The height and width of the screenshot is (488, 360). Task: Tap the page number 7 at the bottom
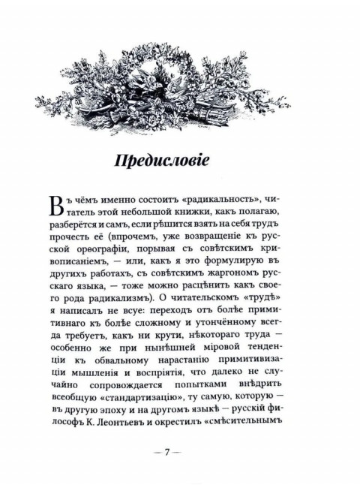(180, 453)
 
